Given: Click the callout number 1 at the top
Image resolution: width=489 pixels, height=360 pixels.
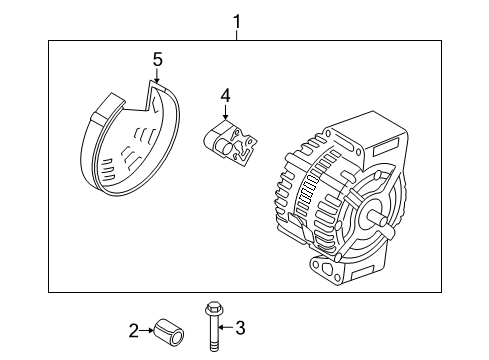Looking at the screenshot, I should point(236,19).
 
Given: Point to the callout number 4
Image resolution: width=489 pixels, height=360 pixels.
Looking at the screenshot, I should point(226,95).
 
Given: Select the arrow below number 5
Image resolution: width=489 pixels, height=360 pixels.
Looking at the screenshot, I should point(157,76).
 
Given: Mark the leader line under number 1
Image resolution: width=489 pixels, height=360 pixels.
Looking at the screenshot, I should point(236,34).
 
